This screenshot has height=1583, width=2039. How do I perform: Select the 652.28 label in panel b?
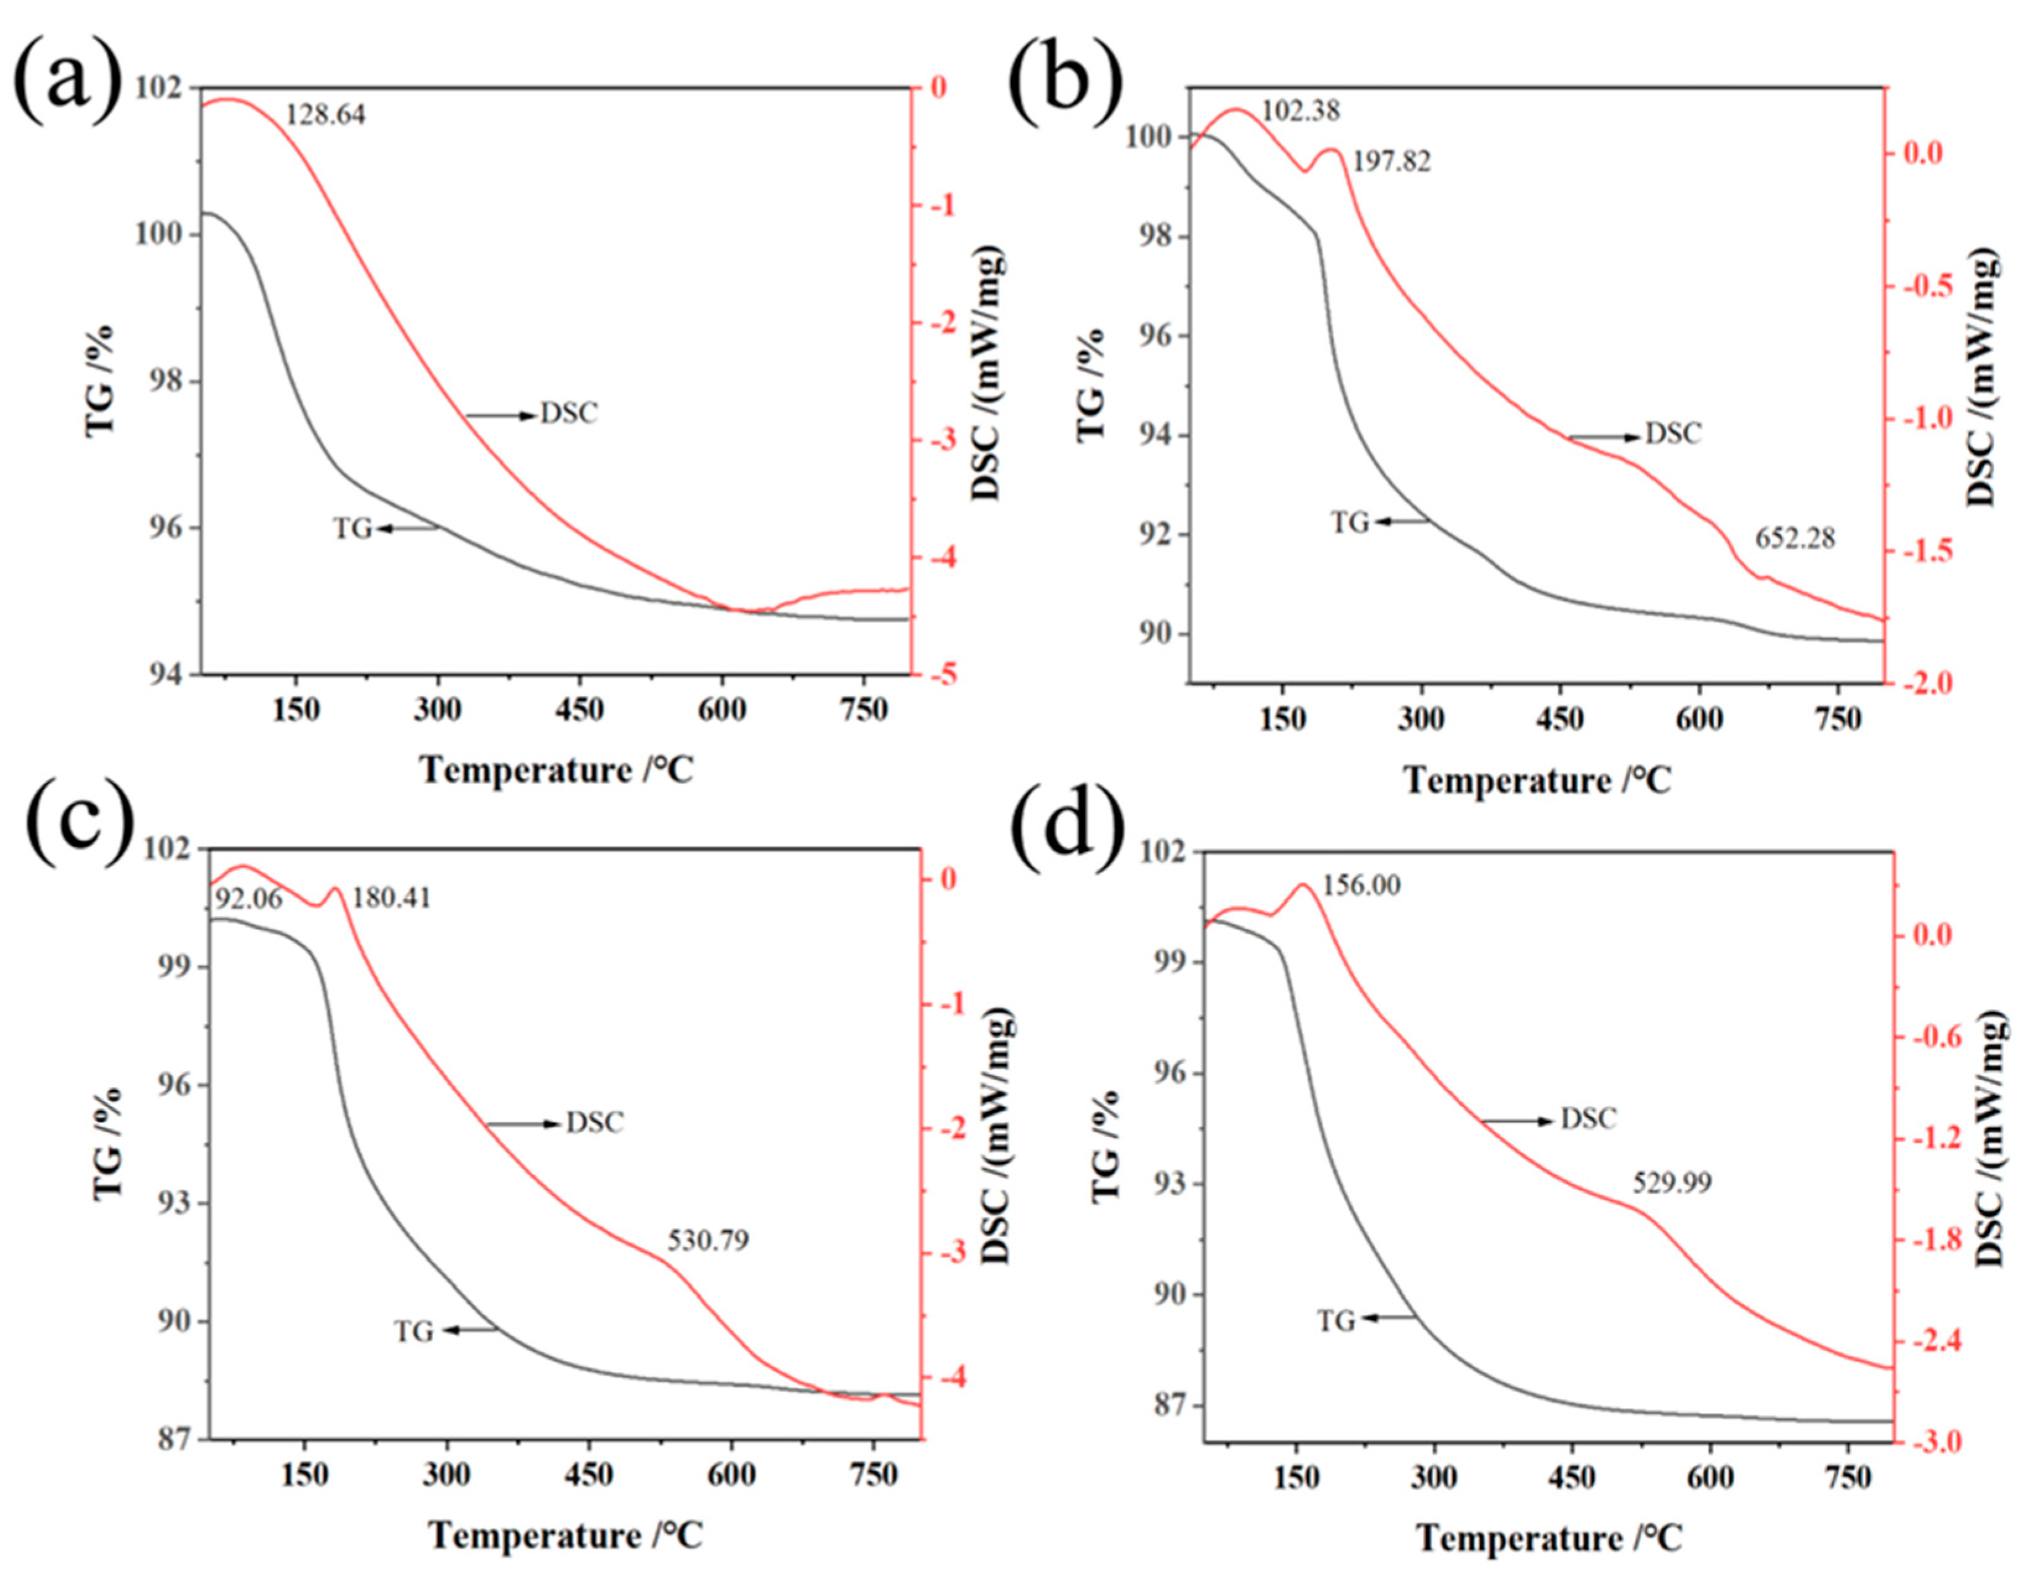point(1795,539)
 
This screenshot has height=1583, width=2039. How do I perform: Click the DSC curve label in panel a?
point(569,413)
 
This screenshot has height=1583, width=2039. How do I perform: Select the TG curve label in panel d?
point(1336,1321)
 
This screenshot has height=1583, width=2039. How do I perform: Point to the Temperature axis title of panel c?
point(565,1535)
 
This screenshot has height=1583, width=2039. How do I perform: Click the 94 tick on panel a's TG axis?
point(166,675)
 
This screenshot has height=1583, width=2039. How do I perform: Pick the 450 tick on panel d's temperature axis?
point(1572,1479)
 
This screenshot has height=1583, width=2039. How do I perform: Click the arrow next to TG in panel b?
point(1400,523)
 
